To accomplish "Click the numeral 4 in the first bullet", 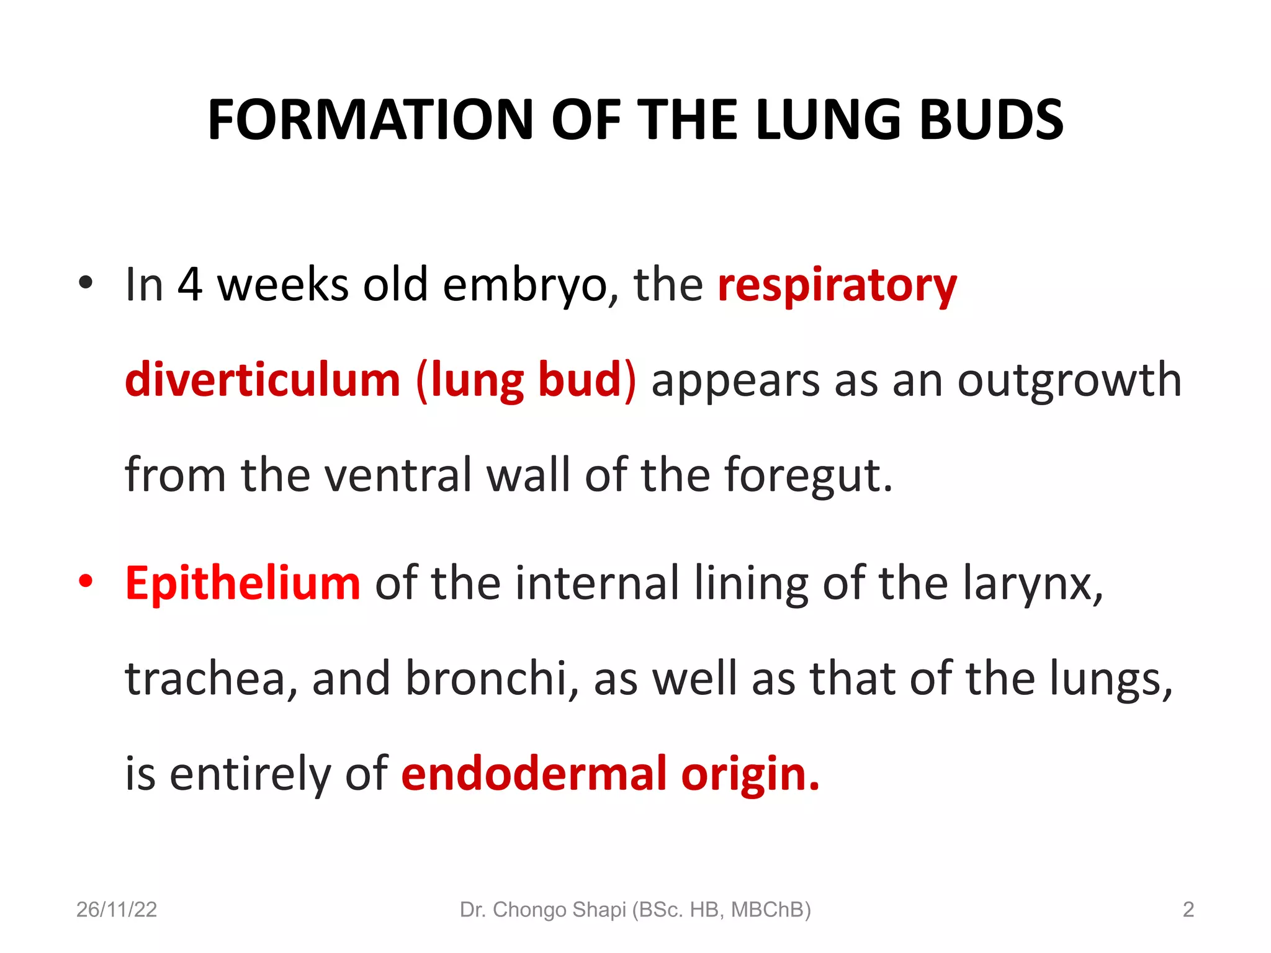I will click(x=190, y=285).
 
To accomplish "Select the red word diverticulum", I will click(x=263, y=380).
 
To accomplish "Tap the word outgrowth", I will click(x=1069, y=380).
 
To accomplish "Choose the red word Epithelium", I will click(x=243, y=584).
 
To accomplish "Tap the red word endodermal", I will click(x=534, y=774).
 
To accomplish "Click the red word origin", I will click(x=750, y=775).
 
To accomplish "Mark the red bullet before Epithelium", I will click(x=86, y=582).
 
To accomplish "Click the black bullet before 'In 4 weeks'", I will click(x=86, y=283).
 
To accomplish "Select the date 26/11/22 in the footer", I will click(x=117, y=910).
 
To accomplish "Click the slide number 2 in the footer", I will click(x=1188, y=910).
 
